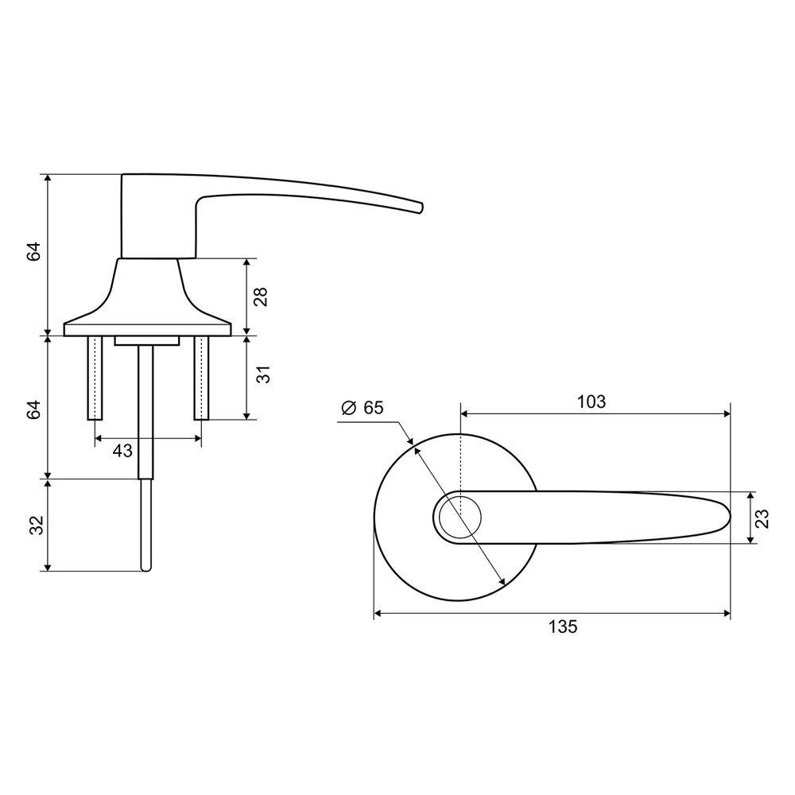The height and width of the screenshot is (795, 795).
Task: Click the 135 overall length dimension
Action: pos(562,626)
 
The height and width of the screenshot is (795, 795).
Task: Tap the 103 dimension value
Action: pos(591,401)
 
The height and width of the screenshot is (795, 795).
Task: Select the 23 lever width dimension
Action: pos(762,518)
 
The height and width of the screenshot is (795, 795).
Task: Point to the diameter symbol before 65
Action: pos(348,408)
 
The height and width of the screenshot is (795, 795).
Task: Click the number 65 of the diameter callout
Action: pos(374,408)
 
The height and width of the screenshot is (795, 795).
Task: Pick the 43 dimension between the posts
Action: pos(122,451)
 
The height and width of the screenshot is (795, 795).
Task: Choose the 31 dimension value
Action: pos(264,373)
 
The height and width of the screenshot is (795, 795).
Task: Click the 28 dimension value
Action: pos(261,297)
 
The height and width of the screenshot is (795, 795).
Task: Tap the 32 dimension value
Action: pos(34,525)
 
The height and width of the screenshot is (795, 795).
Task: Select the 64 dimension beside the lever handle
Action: pos(34,253)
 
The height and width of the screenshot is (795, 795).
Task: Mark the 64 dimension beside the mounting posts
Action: pos(34,410)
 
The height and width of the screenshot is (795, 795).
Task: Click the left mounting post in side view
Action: pos(95,378)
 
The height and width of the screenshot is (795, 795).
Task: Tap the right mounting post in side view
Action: pos(201,378)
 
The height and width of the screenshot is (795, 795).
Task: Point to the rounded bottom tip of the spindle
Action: pos(145,568)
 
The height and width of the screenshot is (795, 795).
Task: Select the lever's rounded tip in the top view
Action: pos(725,517)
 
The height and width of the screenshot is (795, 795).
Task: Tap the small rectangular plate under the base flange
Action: pos(145,340)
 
